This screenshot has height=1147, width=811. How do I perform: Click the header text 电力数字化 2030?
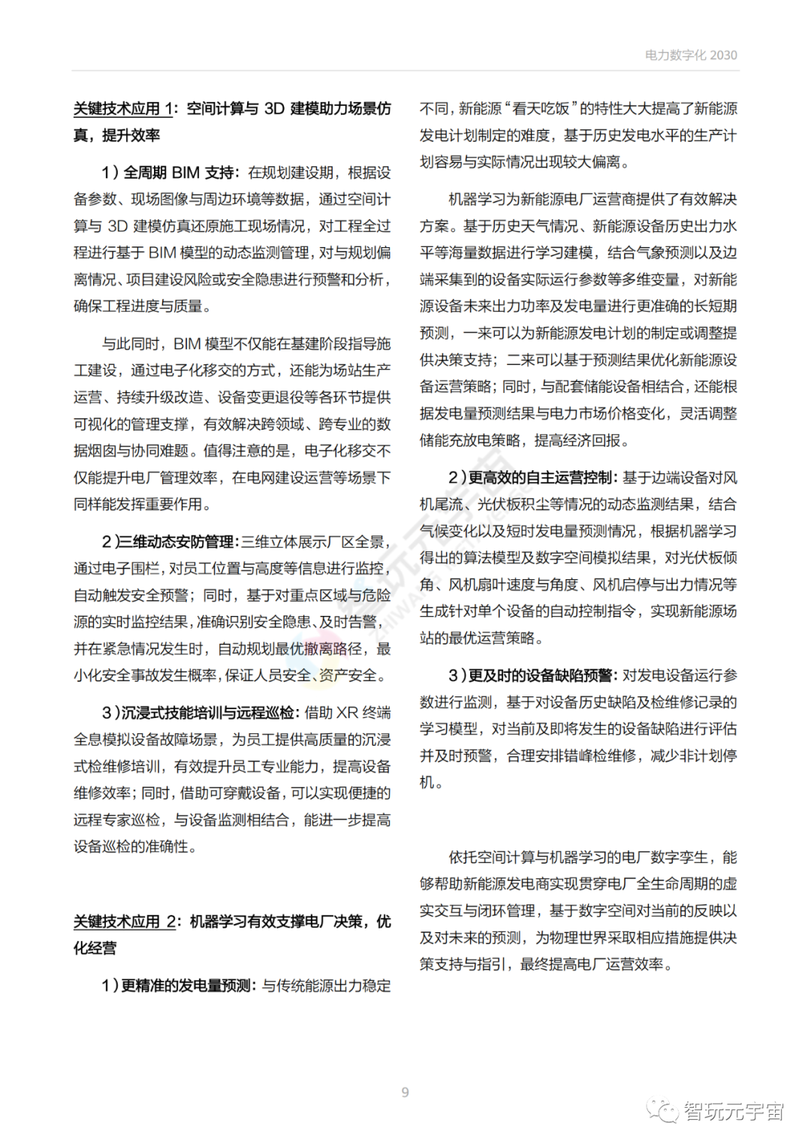[x=690, y=55]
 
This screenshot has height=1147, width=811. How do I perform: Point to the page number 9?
[x=405, y=1092]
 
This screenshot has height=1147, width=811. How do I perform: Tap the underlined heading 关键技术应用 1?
[x=123, y=108]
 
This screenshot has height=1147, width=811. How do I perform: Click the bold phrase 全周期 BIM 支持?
[x=179, y=173]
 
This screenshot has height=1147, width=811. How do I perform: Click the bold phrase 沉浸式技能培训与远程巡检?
[x=210, y=712]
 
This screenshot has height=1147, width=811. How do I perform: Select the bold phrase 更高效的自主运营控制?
[x=541, y=478]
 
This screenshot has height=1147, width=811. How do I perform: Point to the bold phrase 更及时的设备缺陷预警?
[x=541, y=675]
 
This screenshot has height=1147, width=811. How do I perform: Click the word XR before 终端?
[x=346, y=712]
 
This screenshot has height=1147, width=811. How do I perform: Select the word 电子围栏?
[x=132, y=569]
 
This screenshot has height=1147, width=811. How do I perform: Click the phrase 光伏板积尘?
[x=514, y=505]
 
